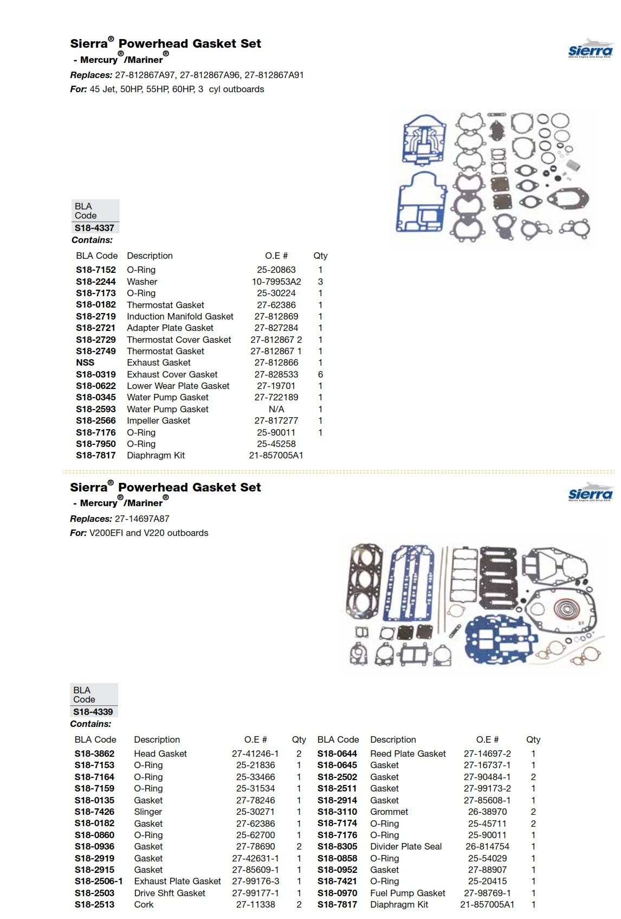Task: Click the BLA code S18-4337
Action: pos(94,228)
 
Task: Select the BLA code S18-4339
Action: pos(93,712)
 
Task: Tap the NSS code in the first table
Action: pos(85,362)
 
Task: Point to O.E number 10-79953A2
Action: pos(276,282)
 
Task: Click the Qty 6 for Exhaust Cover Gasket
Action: pos(320,374)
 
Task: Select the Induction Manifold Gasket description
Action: pos(180,316)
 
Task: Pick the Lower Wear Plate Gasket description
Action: pos(178,386)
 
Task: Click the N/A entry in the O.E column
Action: pos(276,409)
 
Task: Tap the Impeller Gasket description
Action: pos(158,420)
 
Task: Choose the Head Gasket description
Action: pos(160,754)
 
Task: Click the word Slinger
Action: pos(148,812)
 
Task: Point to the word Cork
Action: pos(144,904)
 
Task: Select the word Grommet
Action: pos(389,812)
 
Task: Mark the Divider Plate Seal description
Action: pos(406,846)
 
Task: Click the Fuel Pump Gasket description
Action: pos(407,893)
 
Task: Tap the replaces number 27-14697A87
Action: pos(142,519)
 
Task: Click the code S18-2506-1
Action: pos(99,881)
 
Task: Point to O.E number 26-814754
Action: pos(487,846)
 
